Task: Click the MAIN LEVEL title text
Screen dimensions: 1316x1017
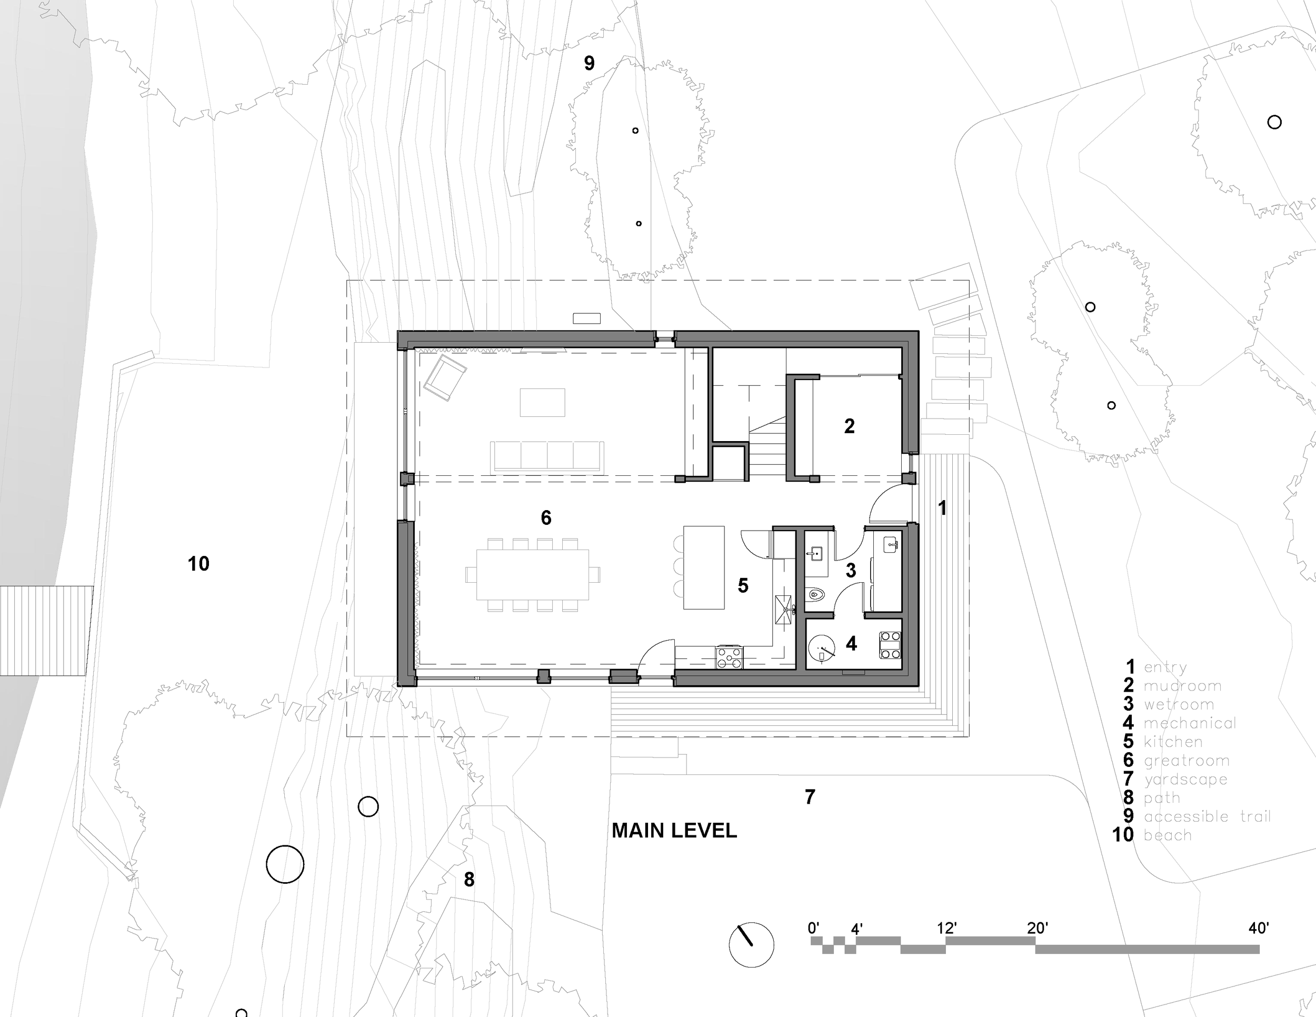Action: (674, 831)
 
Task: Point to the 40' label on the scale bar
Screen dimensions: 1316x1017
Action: (1259, 928)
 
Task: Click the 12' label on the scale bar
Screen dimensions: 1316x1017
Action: (946, 928)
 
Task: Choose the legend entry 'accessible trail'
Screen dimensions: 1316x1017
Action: (1207, 817)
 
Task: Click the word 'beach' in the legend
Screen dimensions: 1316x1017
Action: (1168, 835)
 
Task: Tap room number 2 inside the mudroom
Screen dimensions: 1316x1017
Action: (849, 426)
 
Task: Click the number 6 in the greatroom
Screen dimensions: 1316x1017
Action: (546, 517)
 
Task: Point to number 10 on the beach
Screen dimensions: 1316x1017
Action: (198, 564)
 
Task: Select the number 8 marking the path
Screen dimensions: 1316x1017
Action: (469, 880)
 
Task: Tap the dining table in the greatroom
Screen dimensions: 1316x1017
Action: (533, 574)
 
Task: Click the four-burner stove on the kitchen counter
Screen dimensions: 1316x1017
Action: (729, 657)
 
